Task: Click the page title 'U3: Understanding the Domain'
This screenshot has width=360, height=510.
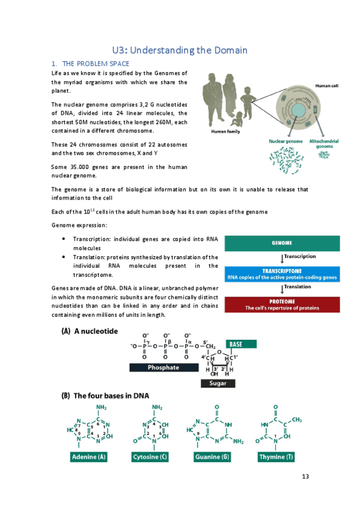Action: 180,51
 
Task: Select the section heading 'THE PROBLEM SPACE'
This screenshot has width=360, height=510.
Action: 96,63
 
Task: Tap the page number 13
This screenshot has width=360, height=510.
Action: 305,476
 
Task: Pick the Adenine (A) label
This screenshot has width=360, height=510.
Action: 88,457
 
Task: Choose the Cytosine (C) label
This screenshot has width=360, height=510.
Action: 150,457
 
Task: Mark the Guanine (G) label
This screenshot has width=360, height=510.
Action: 212,457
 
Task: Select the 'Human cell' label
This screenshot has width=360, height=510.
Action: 327,86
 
